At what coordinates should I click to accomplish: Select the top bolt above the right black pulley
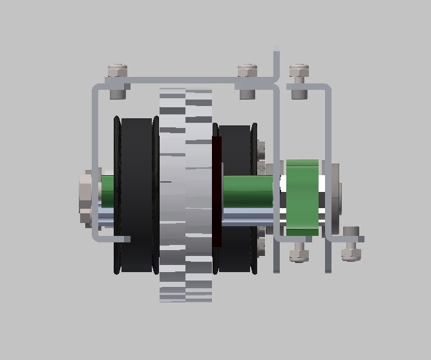pos(247,80)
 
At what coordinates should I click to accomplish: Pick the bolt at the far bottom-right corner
pos(350,244)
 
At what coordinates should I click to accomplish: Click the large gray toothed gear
pos(185,194)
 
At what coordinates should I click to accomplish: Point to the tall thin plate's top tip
pos(277,50)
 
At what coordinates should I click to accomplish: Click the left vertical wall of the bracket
pos(95,162)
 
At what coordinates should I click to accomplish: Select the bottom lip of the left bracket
pos(113,239)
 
